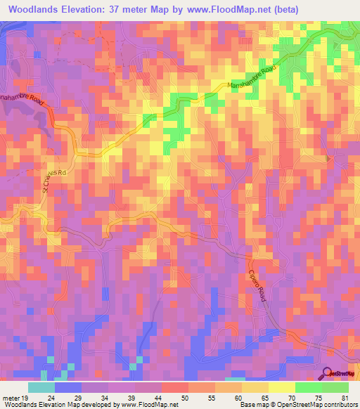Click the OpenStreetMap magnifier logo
click(x=328, y=374)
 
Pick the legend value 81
click(x=344, y=398)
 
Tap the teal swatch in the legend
click(x=41, y=387)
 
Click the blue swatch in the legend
click(x=68, y=387)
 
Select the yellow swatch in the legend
click(x=281, y=387)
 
